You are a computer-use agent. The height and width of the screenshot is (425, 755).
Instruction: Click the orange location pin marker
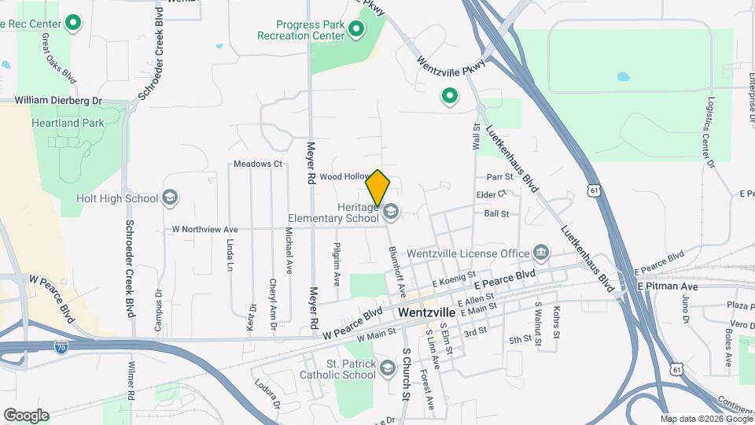tap(377, 187)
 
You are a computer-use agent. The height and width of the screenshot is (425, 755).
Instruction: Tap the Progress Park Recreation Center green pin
tap(356, 30)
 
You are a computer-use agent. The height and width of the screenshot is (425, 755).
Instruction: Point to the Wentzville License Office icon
tap(541, 253)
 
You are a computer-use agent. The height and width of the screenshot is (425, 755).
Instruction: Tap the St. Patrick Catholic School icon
tap(387, 368)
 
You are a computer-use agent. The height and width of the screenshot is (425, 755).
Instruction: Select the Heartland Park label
tap(68, 124)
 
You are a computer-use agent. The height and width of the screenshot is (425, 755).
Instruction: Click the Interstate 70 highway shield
tap(61, 346)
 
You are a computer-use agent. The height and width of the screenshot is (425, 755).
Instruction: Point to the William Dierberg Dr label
tap(59, 101)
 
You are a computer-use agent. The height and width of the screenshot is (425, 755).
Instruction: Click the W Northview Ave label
tap(204, 229)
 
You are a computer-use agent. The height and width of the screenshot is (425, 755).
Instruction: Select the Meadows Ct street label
tap(257, 164)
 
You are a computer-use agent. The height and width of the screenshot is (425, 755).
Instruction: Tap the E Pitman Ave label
tap(668, 286)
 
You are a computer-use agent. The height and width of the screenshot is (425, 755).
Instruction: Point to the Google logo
tap(25, 416)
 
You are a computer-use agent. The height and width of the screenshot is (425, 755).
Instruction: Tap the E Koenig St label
tap(454, 279)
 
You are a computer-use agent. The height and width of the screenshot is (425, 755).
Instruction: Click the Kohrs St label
tap(555, 323)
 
